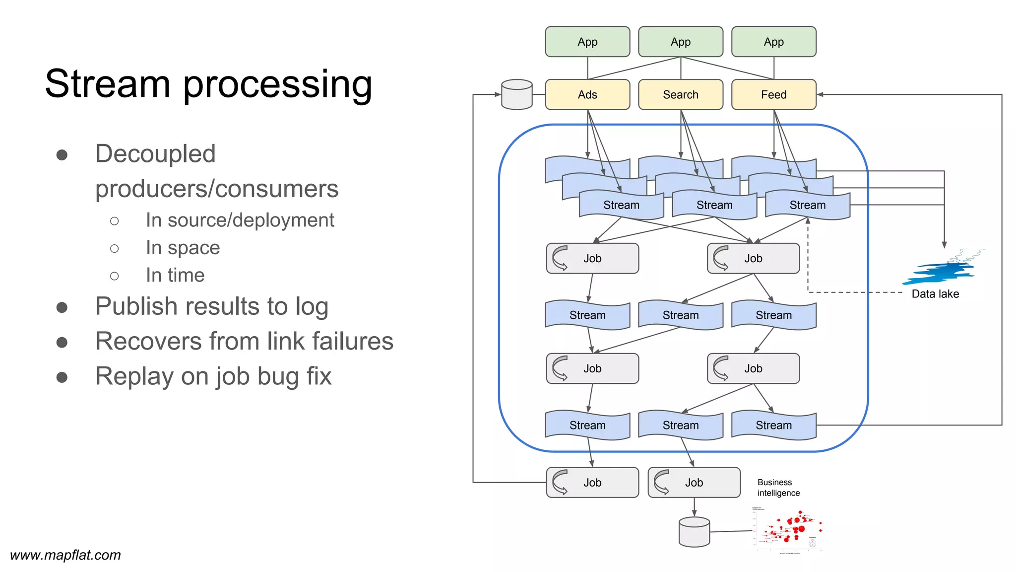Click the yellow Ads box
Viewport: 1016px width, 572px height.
[587, 94]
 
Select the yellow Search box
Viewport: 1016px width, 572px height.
[680, 94]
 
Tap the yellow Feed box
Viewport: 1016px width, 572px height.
[773, 94]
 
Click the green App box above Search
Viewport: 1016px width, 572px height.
[680, 42]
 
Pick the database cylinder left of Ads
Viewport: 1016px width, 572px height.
[516, 94]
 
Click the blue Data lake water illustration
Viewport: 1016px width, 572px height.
[940, 271]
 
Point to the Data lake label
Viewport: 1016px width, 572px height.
[935, 294]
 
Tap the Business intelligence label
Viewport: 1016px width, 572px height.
[778, 488]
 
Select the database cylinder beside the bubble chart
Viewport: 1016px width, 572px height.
[694, 532]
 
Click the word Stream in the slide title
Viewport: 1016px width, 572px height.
[107, 83]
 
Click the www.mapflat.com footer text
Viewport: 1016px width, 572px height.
[65, 555]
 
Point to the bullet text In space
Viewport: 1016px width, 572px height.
[183, 248]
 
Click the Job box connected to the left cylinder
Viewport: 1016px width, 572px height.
[592, 482]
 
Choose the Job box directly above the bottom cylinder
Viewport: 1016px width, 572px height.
[694, 482]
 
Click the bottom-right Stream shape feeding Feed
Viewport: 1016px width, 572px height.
[773, 425]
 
